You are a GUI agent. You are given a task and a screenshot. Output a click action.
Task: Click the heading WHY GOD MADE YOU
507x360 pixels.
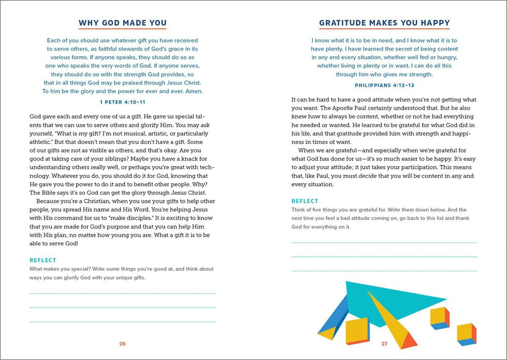point(122,23)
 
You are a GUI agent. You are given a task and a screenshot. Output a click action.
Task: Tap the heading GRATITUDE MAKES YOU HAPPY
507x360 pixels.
point(384,23)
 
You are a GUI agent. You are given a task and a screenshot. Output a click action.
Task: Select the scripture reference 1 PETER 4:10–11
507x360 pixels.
point(122,102)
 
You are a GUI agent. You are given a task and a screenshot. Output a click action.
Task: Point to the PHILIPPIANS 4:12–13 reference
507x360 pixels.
point(384,85)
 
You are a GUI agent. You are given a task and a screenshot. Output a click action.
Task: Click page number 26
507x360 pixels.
point(122,344)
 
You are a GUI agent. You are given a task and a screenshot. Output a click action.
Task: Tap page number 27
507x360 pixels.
point(384,344)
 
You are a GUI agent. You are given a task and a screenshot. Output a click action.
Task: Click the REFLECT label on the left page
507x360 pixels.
point(43,260)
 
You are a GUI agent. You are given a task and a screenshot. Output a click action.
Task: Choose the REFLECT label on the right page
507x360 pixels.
point(305,201)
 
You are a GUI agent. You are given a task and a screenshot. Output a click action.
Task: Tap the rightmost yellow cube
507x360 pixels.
point(466,334)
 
